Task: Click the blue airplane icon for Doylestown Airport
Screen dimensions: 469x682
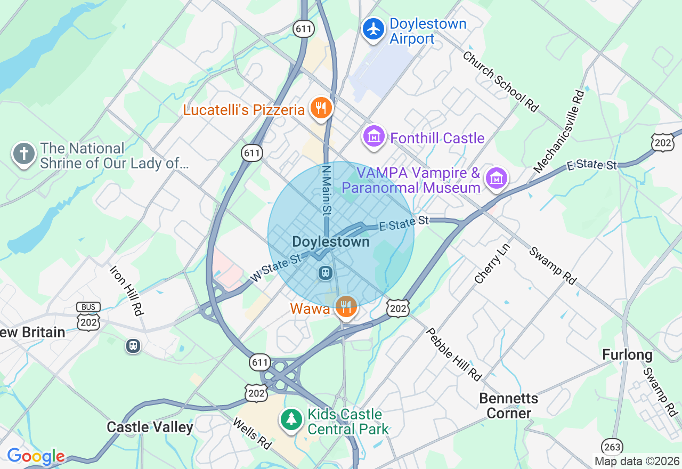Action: coord(374,29)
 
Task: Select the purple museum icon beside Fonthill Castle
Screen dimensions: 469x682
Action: coord(374,137)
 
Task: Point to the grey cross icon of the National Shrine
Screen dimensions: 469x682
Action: coord(23,154)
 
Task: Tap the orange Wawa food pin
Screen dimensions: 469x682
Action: coord(346,306)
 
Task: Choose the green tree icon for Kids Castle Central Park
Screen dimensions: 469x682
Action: coord(291,419)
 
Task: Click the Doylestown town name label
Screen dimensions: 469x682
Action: coord(331,242)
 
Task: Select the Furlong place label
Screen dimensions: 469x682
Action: coord(627,355)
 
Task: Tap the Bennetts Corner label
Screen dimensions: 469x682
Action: coord(508,406)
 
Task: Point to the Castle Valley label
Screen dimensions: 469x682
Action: coord(150,427)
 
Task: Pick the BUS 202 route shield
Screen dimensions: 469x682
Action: coord(88,317)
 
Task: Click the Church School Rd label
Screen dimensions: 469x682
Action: coord(500,81)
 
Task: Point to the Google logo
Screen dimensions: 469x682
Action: coord(35,457)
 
